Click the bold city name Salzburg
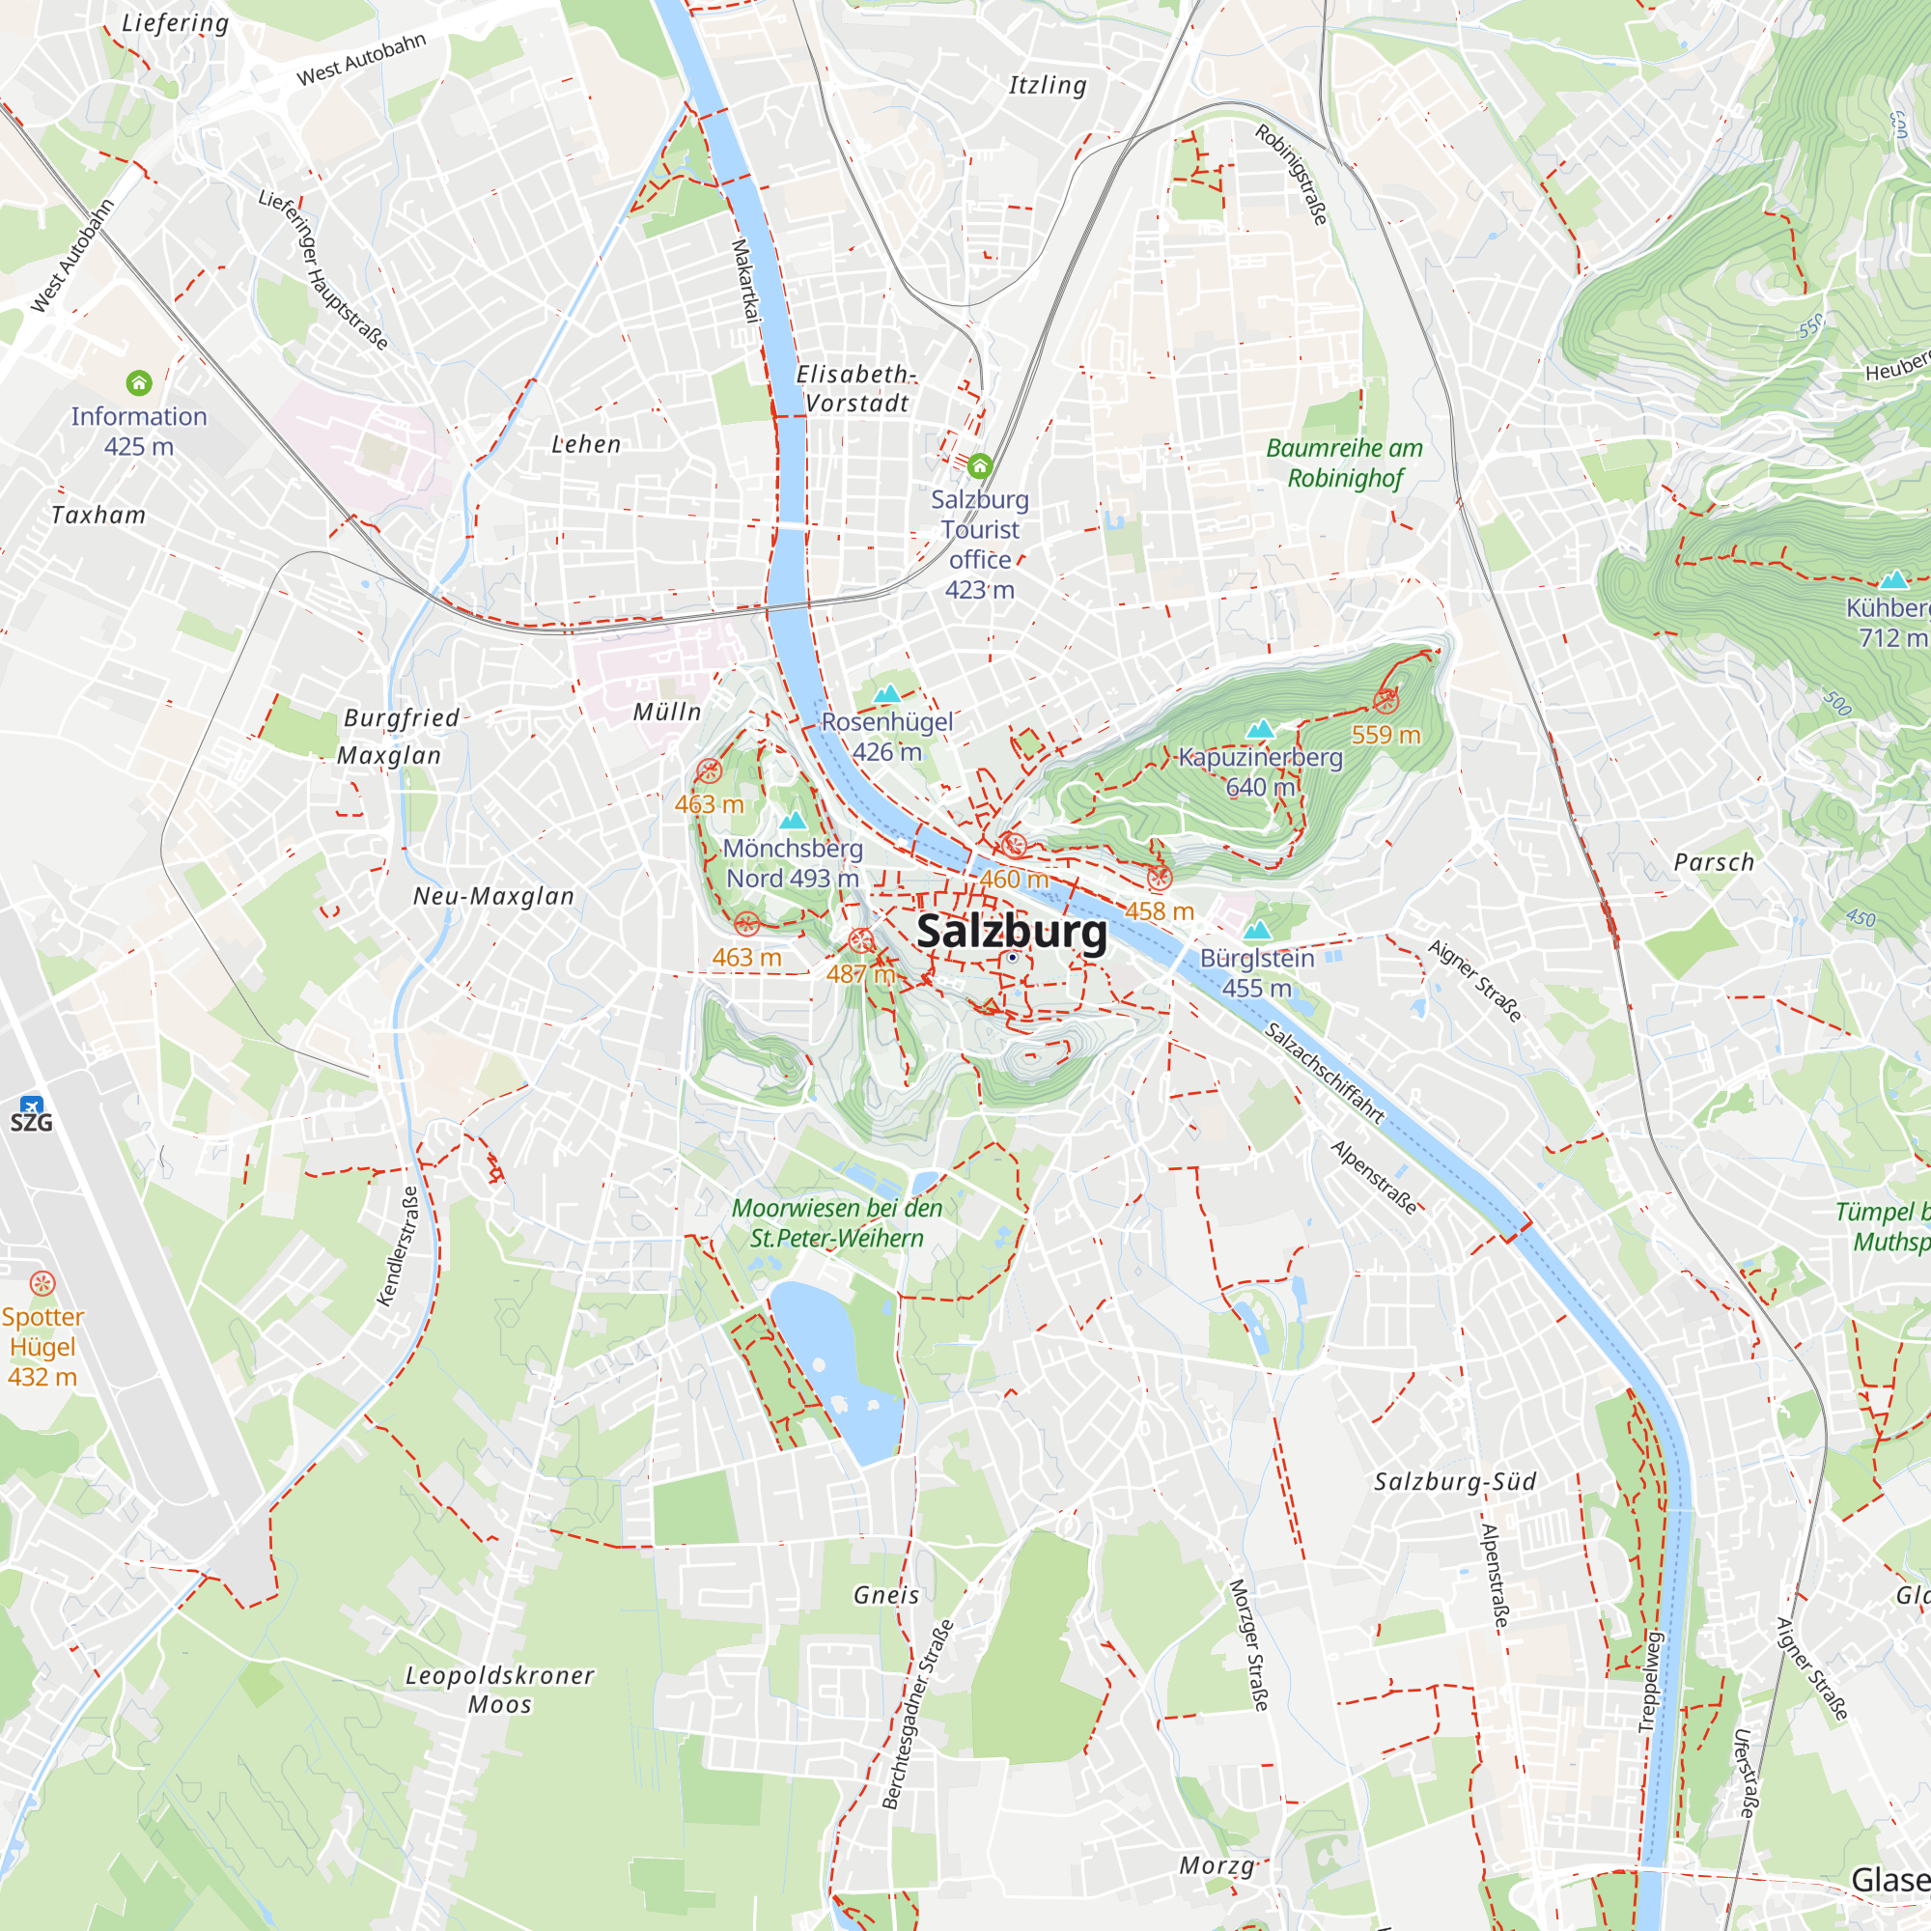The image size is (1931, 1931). [x=1012, y=932]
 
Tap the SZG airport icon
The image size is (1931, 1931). [x=31, y=1105]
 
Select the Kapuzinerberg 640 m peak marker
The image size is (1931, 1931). [x=1260, y=729]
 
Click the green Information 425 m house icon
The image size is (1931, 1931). [x=139, y=382]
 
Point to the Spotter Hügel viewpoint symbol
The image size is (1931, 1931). [x=42, y=1282]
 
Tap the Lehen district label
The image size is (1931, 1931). [x=587, y=445]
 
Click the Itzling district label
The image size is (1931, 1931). [x=1048, y=86]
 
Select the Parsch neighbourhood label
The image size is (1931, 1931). [x=1713, y=862]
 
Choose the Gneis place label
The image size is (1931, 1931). [x=886, y=1595]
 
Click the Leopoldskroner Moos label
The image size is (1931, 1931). [x=500, y=1689]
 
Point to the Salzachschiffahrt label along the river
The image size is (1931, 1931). [x=1325, y=1074]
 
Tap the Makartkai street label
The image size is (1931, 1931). [x=745, y=280]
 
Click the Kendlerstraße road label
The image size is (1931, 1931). [x=397, y=1246]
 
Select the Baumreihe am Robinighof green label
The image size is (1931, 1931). [x=1344, y=462]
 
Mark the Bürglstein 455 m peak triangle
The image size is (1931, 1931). [x=1256, y=931]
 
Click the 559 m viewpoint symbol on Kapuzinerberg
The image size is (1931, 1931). [x=1385, y=701]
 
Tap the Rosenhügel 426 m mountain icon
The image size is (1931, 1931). [x=887, y=693]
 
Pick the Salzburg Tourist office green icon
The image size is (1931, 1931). [x=979, y=465]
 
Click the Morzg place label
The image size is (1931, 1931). [x=1217, y=1865]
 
